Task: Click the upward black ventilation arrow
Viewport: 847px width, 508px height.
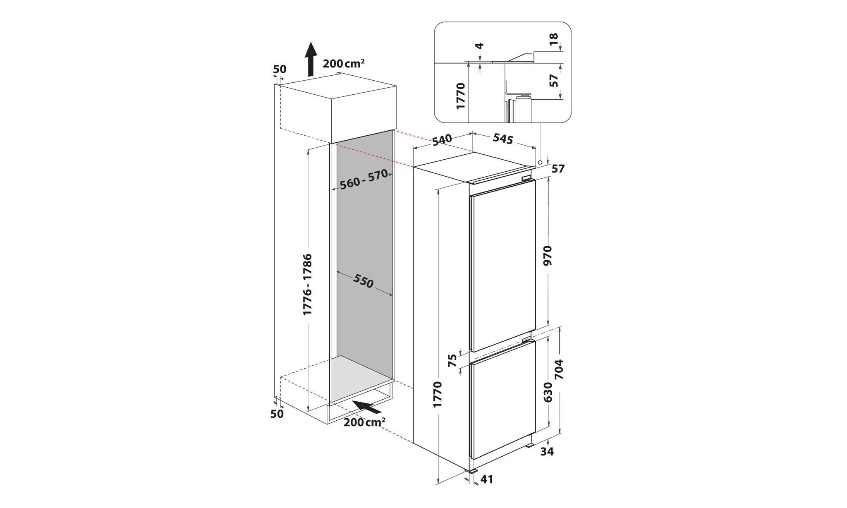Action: tap(311, 59)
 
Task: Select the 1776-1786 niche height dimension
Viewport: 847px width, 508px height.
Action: tap(307, 284)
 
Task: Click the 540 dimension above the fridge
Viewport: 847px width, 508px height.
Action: tap(441, 141)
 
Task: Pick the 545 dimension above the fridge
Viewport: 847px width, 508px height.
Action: tap(503, 139)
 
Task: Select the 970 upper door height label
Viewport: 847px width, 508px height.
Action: tap(548, 256)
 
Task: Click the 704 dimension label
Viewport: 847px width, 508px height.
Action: tap(559, 369)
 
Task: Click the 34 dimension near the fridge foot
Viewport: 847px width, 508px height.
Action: tap(547, 452)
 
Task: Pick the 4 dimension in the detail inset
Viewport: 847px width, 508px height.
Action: tap(480, 46)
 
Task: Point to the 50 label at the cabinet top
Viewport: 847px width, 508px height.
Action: tap(280, 69)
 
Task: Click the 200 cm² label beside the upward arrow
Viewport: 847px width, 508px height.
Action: tap(344, 64)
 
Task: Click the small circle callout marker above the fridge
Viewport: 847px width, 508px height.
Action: tap(541, 163)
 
